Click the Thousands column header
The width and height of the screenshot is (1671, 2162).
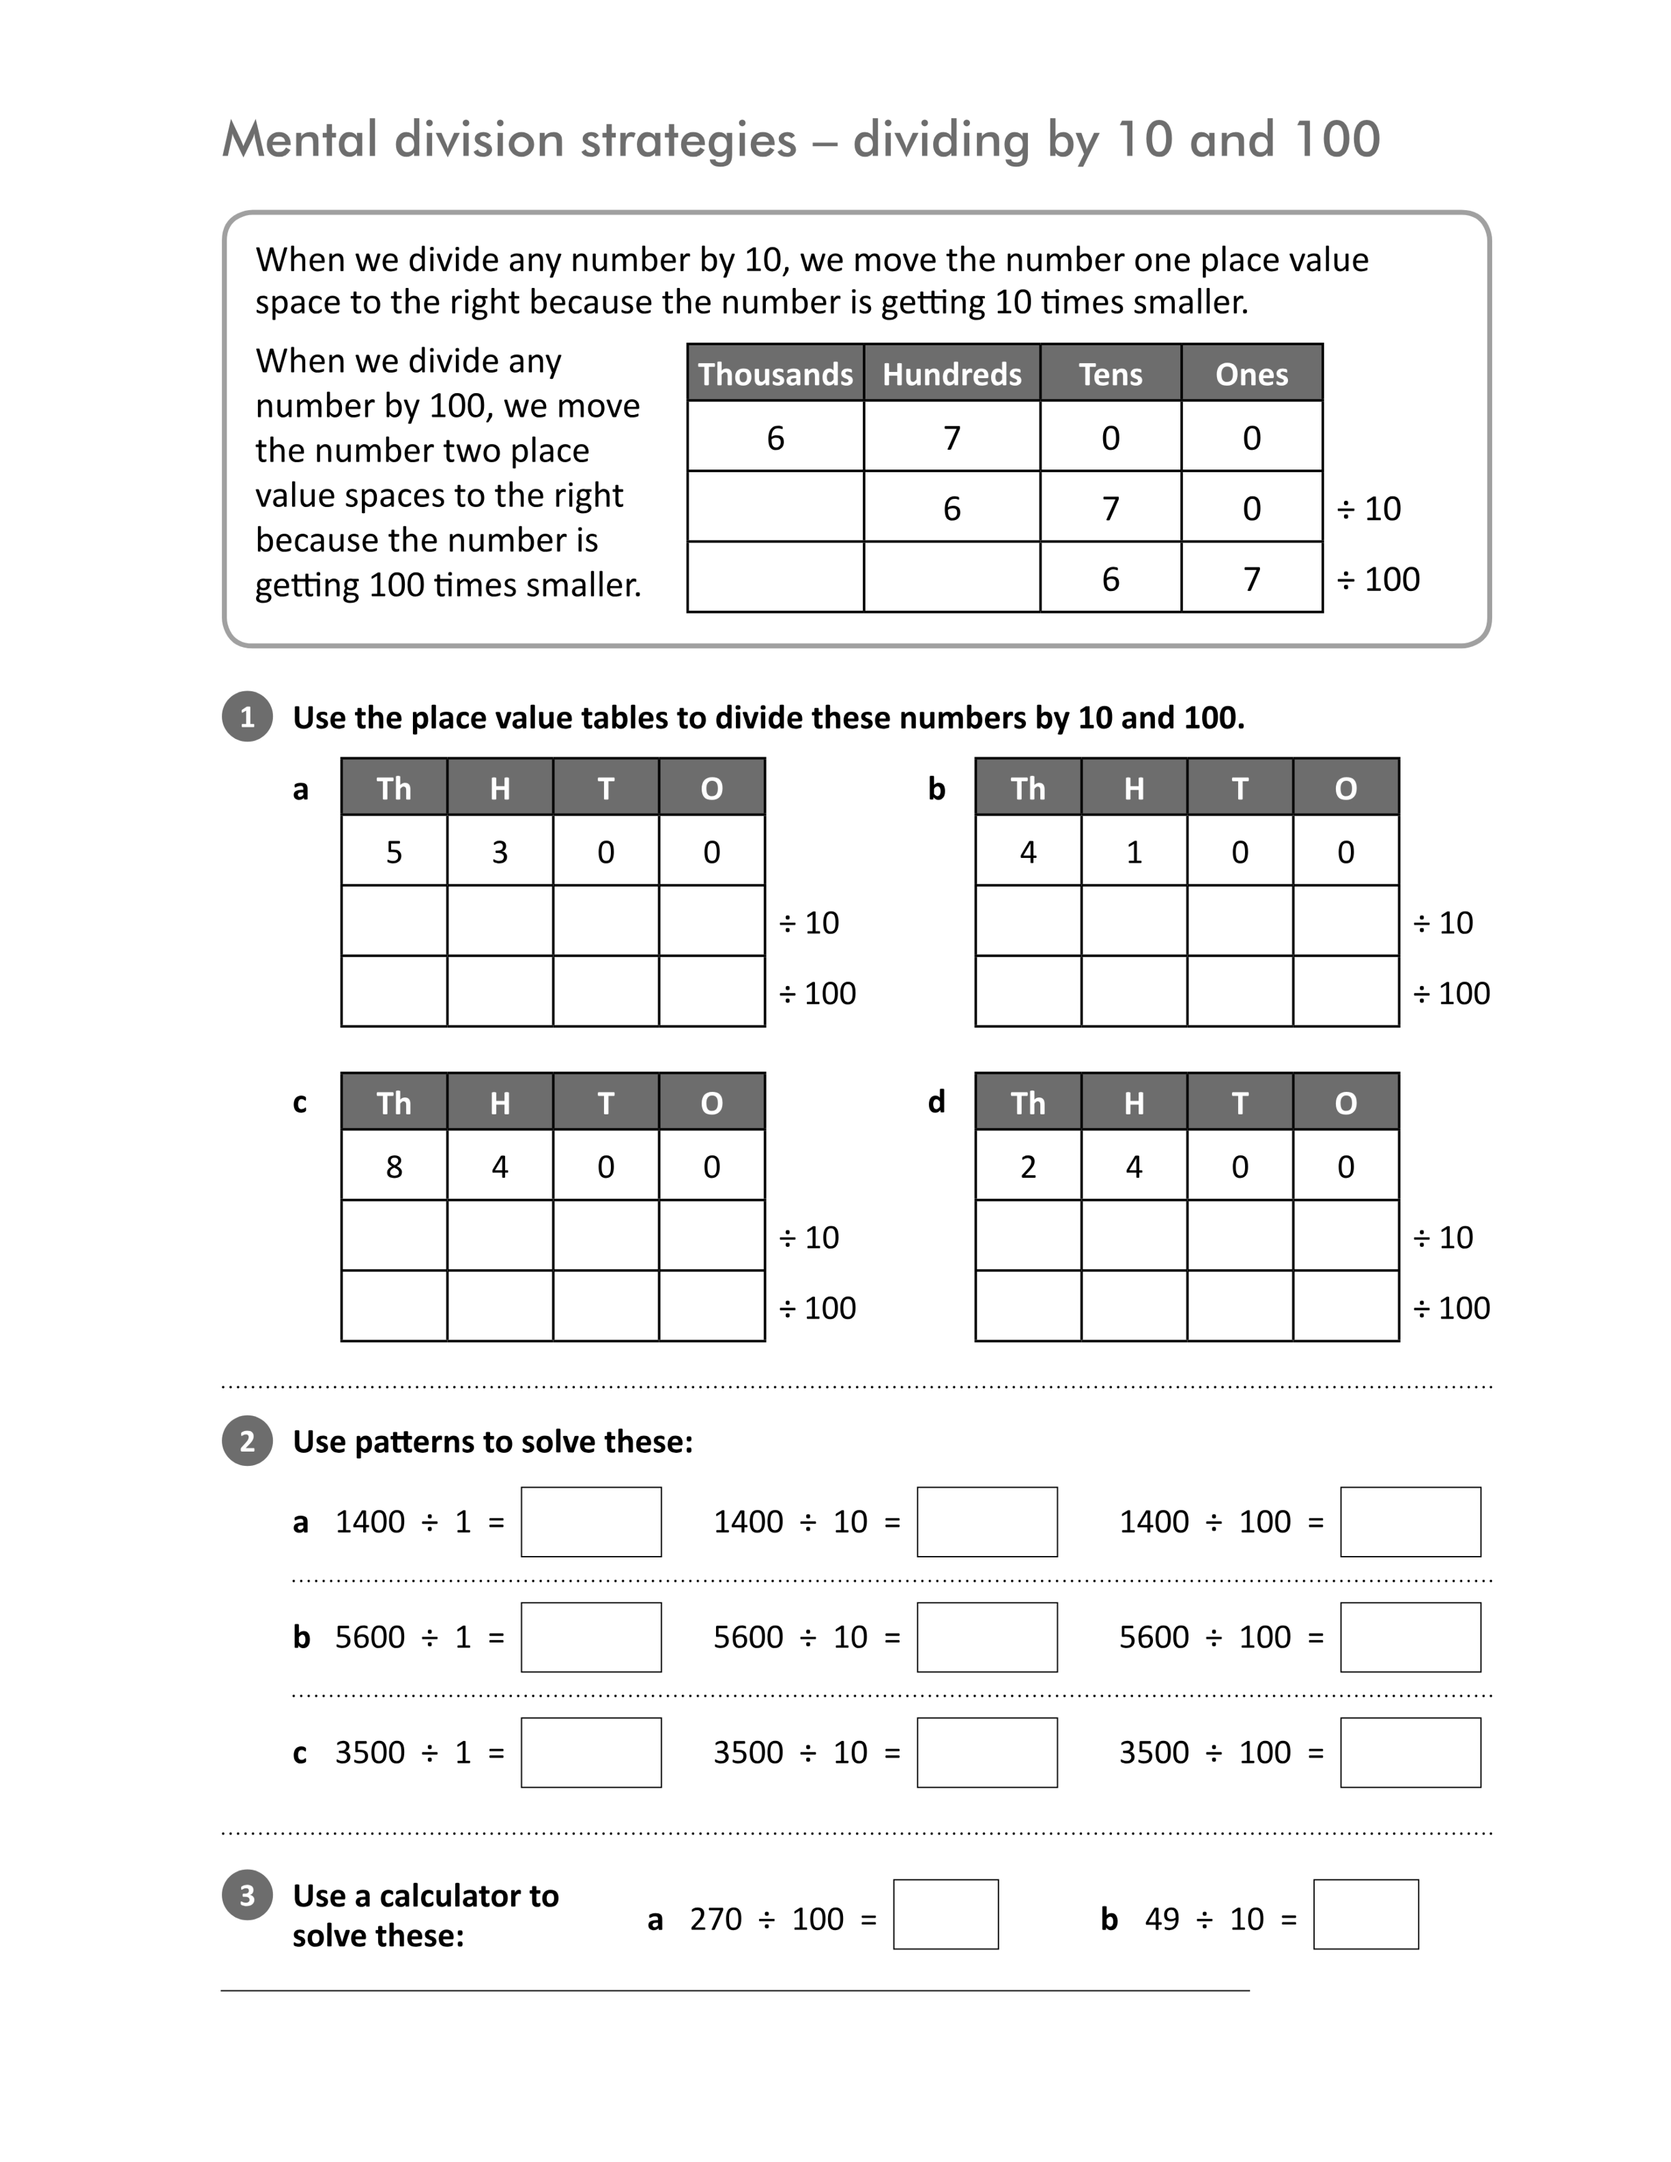point(775,373)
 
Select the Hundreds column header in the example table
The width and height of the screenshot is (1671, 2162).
point(952,373)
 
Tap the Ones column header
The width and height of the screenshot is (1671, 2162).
point(1251,373)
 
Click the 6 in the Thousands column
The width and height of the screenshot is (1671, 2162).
point(775,437)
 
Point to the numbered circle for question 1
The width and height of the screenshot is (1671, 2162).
point(248,716)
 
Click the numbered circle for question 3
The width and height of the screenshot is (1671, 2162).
point(248,1894)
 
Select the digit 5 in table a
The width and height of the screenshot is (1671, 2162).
point(394,851)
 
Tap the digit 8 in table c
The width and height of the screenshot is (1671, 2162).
point(394,1166)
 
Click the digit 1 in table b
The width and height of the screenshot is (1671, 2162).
point(1134,851)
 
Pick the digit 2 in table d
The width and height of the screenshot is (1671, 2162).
point(1029,1166)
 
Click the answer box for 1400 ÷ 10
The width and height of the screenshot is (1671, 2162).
point(987,1521)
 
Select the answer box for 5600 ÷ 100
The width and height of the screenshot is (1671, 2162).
point(1411,1637)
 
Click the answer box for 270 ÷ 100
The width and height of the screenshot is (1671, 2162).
point(945,1914)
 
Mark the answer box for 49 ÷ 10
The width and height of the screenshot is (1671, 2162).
point(1366,1914)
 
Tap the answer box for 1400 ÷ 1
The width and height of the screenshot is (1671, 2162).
point(591,1521)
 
